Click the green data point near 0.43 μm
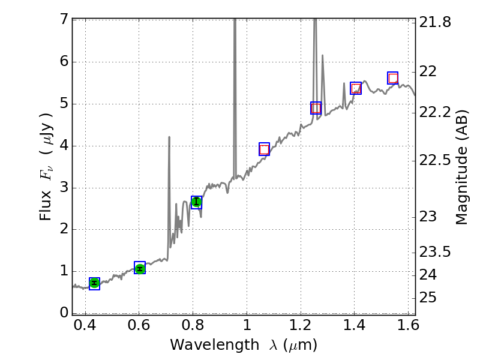coord(94,283)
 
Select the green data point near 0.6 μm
coord(140,268)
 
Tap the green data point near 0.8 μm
coord(196,202)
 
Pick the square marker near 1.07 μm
coord(264,149)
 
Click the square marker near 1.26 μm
coord(316,108)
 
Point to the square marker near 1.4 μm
coord(356,88)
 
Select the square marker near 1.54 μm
coord(393,78)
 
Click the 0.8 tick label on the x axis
coord(193,327)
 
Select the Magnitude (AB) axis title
coord(461,167)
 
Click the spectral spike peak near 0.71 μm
coord(169,137)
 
